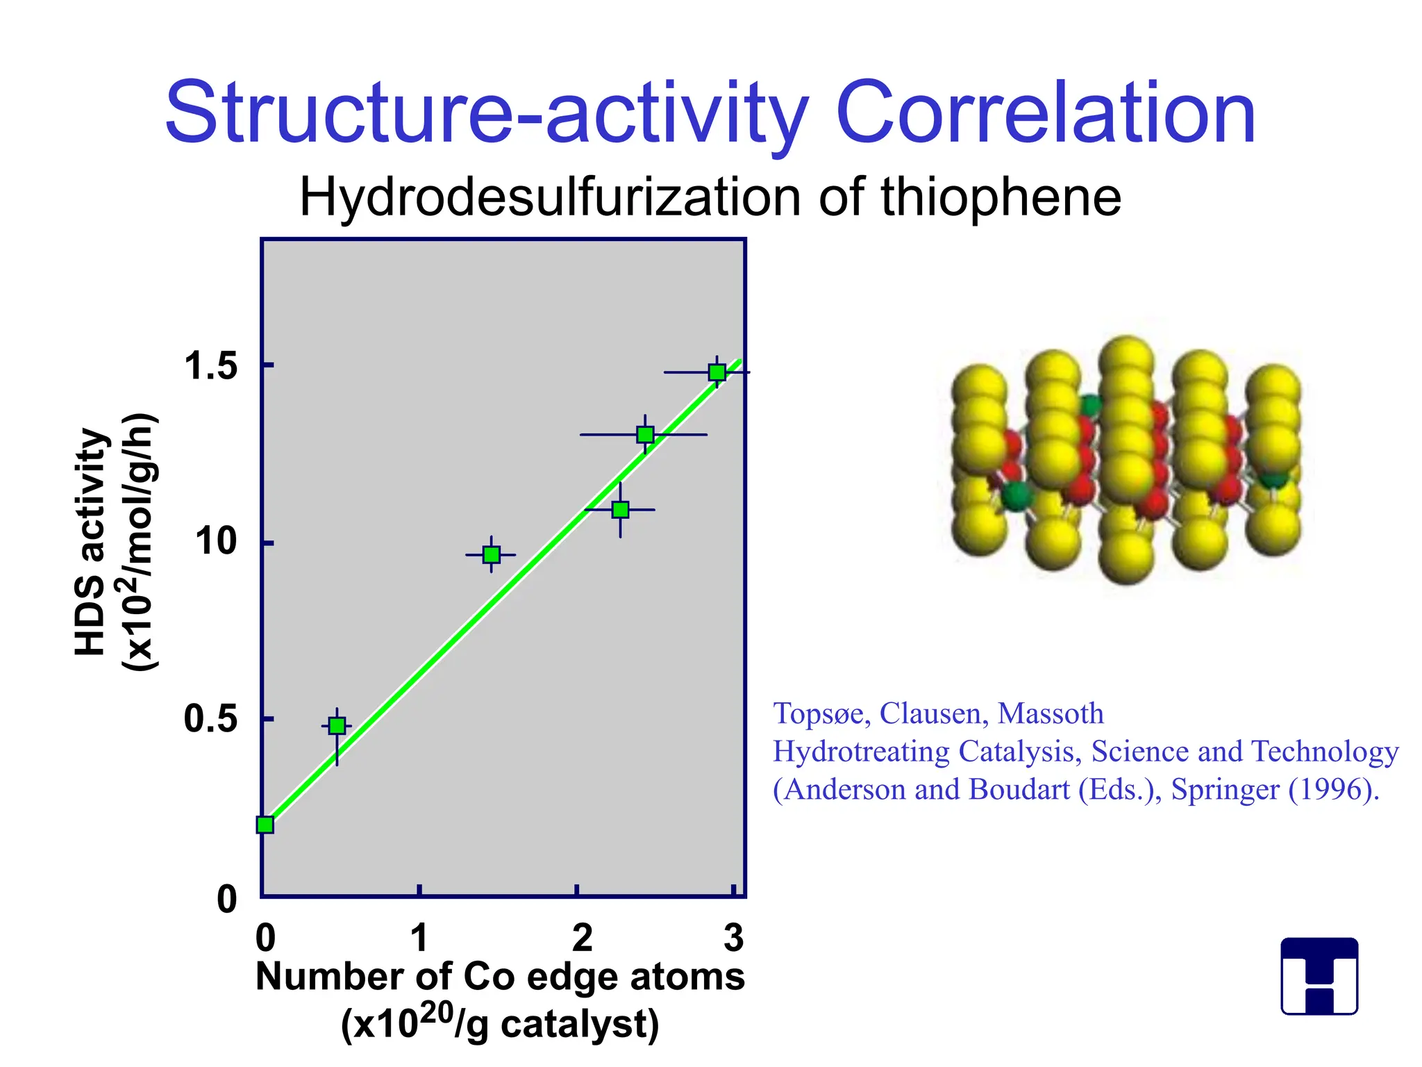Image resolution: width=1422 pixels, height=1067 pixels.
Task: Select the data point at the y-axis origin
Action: [x=265, y=825]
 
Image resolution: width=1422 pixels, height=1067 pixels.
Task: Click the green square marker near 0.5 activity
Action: [x=337, y=727]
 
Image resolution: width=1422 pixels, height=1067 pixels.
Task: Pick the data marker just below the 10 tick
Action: [x=492, y=555]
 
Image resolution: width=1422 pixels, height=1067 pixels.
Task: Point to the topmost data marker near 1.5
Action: [x=717, y=372]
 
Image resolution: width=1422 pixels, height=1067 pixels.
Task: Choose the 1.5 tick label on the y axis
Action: [x=210, y=366]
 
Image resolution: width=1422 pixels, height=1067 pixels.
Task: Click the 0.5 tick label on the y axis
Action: [x=210, y=719]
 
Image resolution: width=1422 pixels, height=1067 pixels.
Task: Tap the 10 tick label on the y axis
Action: [x=216, y=541]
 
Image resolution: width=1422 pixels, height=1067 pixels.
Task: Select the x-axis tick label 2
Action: [x=582, y=938]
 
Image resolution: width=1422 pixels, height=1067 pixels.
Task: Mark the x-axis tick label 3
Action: [x=733, y=938]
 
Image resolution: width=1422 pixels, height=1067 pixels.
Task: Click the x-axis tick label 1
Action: [x=419, y=938]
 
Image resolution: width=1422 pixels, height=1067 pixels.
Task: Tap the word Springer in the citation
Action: [x=1225, y=790]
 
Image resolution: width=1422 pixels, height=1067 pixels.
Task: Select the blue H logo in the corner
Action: [x=1319, y=976]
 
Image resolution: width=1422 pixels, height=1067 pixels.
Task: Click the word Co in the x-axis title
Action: [x=489, y=977]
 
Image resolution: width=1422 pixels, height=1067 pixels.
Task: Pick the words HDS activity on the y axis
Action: [x=91, y=542]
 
